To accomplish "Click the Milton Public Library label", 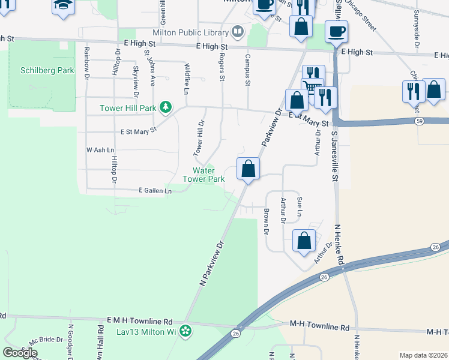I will tap(190, 32).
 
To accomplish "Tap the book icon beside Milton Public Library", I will tap(238, 31).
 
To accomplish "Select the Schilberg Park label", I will tap(47, 70).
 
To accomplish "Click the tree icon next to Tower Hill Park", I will tap(166, 108).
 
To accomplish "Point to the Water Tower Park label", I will tap(208, 175).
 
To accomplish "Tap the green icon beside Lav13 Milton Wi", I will tap(186, 331).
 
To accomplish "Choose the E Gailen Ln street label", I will tap(155, 190).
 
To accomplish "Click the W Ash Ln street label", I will tap(100, 149).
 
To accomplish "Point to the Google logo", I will tap(20, 353).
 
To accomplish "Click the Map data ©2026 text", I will tap(424, 355).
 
